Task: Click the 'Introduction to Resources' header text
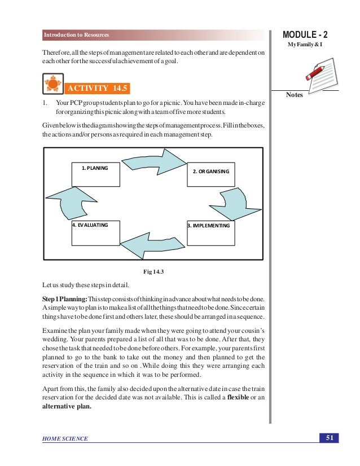pos(76,36)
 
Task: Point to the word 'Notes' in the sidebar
pos(295,95)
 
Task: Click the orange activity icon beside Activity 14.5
pos(52,85)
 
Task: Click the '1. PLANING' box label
pos(95,168)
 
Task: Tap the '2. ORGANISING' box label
pos(210,170)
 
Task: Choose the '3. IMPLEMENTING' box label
pos(209,226)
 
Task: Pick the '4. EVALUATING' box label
pos(90,225)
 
